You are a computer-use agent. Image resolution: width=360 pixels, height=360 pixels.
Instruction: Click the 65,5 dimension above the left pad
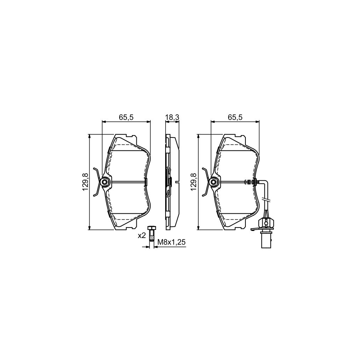click(126, 118)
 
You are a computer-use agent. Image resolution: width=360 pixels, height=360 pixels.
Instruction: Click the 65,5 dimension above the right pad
click(234, 118)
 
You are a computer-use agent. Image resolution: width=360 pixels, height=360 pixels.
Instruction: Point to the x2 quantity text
click(141, 236)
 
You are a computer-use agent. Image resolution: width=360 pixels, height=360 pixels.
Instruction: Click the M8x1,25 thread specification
click(171, 242)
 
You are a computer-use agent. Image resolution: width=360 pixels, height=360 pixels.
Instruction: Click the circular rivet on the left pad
click(104, 182)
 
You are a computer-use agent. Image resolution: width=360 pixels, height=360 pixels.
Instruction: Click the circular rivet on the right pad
click(213, 182)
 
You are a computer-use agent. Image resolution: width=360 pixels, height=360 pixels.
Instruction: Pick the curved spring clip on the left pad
click(96, 182)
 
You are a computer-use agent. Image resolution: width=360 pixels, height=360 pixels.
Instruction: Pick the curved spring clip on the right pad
click(205, 182)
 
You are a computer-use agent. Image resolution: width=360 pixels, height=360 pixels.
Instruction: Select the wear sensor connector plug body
click(266, 223)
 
